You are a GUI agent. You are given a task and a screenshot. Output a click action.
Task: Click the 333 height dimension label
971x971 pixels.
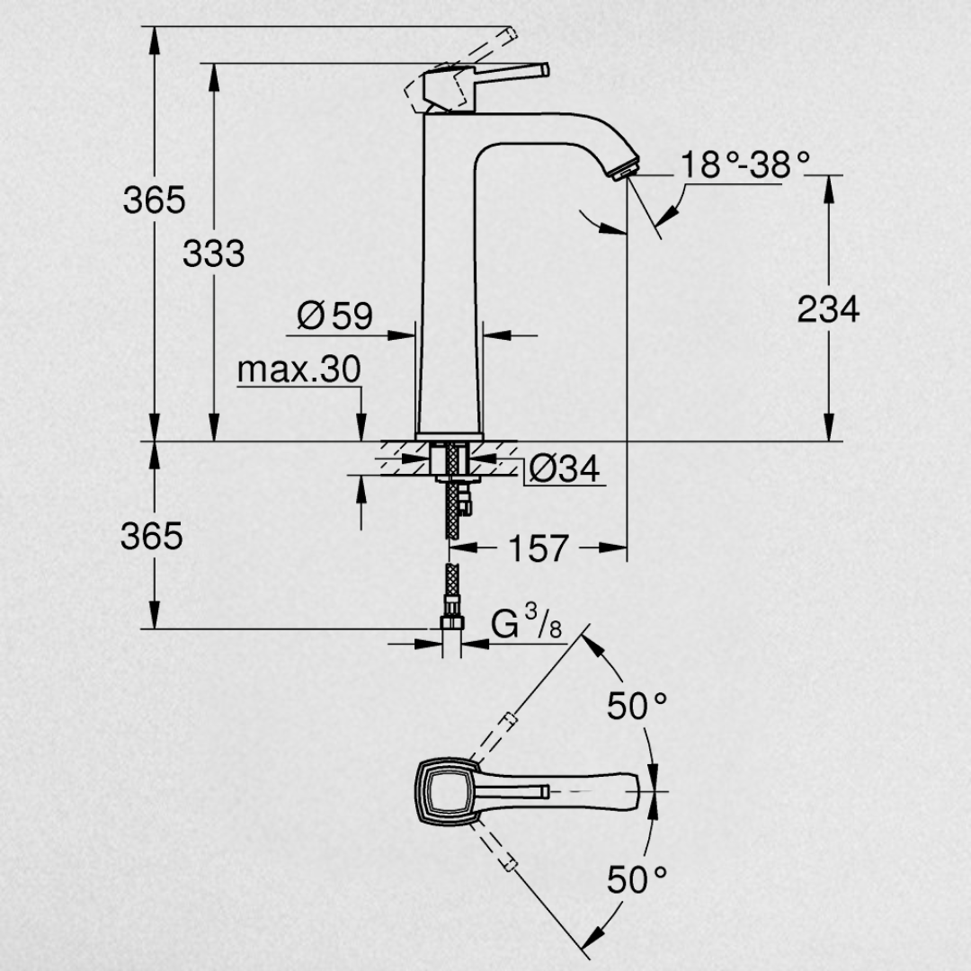(x=214, y=254)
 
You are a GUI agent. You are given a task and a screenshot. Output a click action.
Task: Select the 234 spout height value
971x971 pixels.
(x=828, y=309)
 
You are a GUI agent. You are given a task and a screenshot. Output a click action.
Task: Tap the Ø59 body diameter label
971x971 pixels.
(x=335, y=316)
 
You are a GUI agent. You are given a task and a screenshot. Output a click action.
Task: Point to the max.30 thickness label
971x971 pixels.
(x=298, y=370)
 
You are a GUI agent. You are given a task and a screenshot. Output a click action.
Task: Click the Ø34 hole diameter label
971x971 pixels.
(x=565, y=468)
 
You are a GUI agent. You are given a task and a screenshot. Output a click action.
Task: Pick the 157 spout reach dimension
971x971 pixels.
(x=539, y=548)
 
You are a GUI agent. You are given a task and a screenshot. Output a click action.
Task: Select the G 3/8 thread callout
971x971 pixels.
(x=527, y=622)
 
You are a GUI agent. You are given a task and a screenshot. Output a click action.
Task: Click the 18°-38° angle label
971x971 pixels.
(x=745, y=165)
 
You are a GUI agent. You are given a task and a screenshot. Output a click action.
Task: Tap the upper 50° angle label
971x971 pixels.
(x=637, y=706)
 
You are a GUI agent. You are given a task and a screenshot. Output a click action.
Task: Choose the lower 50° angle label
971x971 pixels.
(x=637, y=879)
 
